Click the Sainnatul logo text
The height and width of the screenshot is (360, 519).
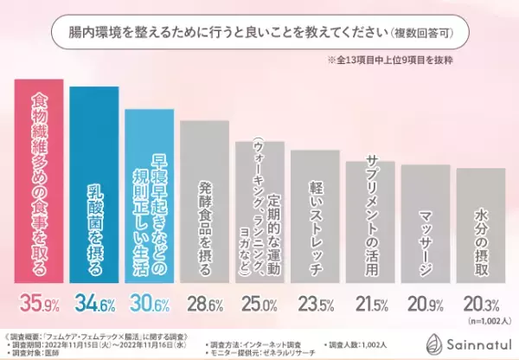click(471, 342)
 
